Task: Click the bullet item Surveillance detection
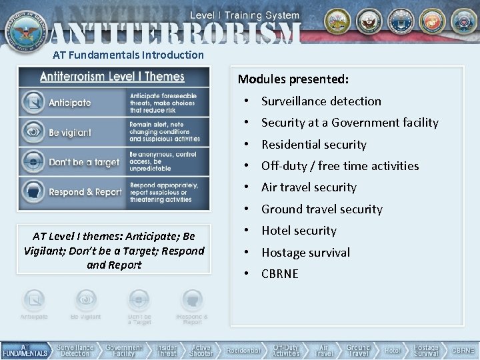tap(321, 101)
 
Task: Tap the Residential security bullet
tap(313, 145)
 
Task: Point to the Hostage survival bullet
tap(305, 253)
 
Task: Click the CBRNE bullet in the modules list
tap(280, 274)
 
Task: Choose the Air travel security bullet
tap(309, 187)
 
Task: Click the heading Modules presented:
tap(293, 79)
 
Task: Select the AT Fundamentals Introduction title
tap(128, 55)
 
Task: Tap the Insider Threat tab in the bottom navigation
tap(167, 351)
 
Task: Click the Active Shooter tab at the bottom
tap(201, 351)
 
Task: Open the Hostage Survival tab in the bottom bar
tap(425, 351)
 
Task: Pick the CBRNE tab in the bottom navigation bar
tap(463, 351)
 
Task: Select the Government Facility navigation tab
tap(124, 351)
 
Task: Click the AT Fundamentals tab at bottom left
tap(25, 351)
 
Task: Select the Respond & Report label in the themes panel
tap(85, 193)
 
